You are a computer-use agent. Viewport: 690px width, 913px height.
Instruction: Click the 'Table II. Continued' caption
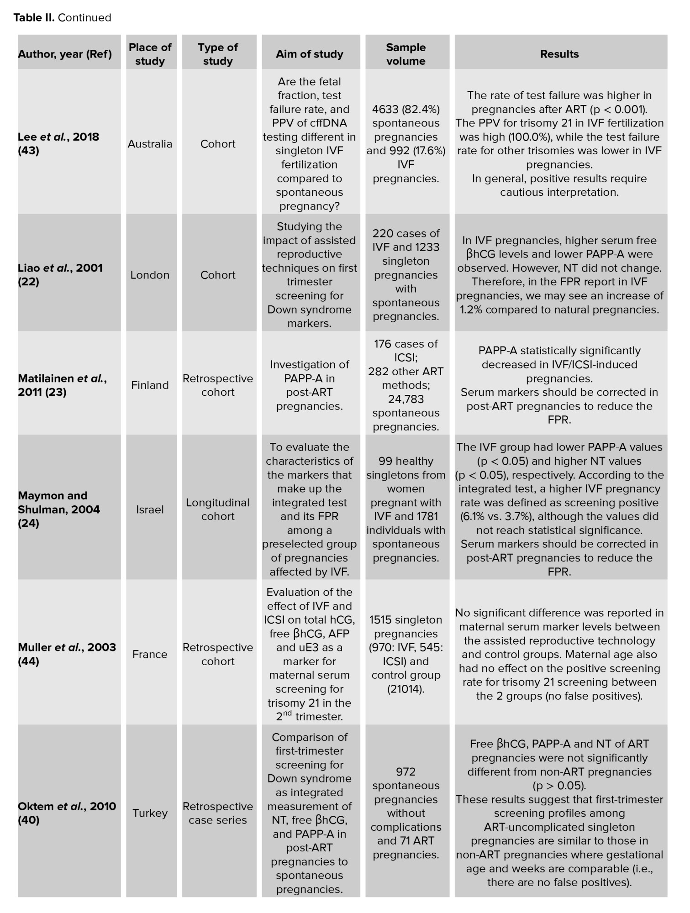[x=62, y=18]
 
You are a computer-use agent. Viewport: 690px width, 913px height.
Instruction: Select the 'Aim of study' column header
[x=309, y=54]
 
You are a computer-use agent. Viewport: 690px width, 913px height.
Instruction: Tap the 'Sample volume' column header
[x=406, y=54]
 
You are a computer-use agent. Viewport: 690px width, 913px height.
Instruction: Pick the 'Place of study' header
[x=150, y=54]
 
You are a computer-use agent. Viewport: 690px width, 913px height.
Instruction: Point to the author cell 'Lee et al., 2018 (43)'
[x=58, y=144]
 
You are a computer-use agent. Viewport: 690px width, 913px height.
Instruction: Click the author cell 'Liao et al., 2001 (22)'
[x=60, y=275]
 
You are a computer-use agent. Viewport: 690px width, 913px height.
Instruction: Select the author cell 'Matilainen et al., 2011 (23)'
[x=62, y=385]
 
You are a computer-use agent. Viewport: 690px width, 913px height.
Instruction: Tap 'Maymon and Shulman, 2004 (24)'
[x=58, y=509]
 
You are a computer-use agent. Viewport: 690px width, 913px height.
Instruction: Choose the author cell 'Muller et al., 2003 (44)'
[x=67, y=654]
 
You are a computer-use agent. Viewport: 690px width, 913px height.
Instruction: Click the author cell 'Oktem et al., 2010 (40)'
[x=67, y=813]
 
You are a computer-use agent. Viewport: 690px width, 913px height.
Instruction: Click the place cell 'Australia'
[x=150, y=144]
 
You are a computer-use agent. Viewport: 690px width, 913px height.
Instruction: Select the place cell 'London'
[x=150, y=275]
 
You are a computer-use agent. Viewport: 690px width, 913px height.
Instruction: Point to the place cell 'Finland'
[x=150, y=385]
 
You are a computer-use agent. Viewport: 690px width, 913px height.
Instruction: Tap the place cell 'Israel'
[x=150, y=509]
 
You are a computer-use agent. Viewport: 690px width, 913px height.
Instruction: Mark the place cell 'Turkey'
[x=150, y=813]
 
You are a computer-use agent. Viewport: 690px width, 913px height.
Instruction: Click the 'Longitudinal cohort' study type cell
[x=218, y=509]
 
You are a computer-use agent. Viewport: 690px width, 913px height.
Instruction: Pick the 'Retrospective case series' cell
[x=218, y=813]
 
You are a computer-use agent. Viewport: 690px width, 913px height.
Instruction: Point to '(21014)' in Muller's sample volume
[x=406, y=689]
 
